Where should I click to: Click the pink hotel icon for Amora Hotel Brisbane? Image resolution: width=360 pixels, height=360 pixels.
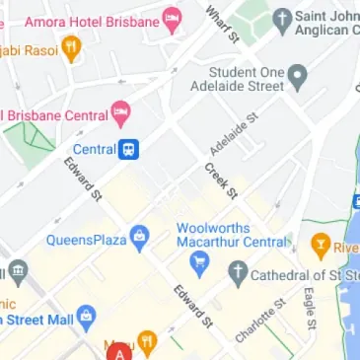click(172, 19)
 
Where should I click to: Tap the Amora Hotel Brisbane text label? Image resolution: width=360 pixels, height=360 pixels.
click(91, 21)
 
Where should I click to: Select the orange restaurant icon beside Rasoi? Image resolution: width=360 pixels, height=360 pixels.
click(71, 49)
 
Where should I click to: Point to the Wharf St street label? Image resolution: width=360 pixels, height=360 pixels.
click(223, 25)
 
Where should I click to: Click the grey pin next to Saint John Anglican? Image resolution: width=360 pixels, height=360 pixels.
click(282, 19)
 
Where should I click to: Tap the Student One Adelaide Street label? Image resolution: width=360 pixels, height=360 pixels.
click(247, 80)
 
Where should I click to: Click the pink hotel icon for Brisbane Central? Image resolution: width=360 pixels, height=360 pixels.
click(121, 114)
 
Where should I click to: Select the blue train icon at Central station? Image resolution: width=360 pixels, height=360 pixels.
click(130, 150)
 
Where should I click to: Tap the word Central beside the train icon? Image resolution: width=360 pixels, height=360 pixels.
click(95, 150)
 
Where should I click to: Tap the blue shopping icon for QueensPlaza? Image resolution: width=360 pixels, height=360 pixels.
click(139, 238)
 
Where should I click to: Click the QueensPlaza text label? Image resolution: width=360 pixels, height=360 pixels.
click(87, 239)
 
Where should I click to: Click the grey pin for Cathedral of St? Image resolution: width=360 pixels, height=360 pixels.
click(238, 273)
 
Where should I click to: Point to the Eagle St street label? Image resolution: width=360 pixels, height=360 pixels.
click(308, 307)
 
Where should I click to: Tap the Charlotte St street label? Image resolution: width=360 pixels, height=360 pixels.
click(255, 321)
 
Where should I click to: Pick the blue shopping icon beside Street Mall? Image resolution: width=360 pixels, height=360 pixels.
click(86, 318)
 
